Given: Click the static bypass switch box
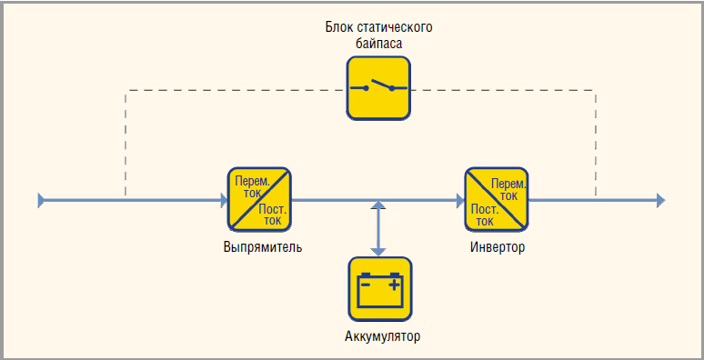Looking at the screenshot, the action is (378, 88).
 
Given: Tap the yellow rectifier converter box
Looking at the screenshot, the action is (259, 199).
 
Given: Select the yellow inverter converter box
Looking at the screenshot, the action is (496, 199).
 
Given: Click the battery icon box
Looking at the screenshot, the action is (380, 288).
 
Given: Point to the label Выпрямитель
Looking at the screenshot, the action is (263, 247).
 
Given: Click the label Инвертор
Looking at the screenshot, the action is (498, 247).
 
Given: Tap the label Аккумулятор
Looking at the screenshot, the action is (383, 336).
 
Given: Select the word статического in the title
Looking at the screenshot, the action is (395, 27).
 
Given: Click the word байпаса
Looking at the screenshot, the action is (378, 44).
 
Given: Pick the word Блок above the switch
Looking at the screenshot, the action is (339, 27).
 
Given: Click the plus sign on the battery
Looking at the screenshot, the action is (394, 285).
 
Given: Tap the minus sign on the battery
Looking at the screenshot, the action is (366, 285).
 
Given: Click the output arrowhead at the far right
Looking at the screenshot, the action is (660, 200).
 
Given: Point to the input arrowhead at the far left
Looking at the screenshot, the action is (41, 200).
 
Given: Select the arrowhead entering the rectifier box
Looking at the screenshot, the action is (224, 200).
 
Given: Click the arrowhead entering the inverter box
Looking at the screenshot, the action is (460, 200).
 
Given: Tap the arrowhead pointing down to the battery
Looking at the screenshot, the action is (379, 252).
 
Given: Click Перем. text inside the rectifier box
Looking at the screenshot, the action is (253, 182).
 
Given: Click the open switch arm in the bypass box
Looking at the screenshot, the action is (380, 84).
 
